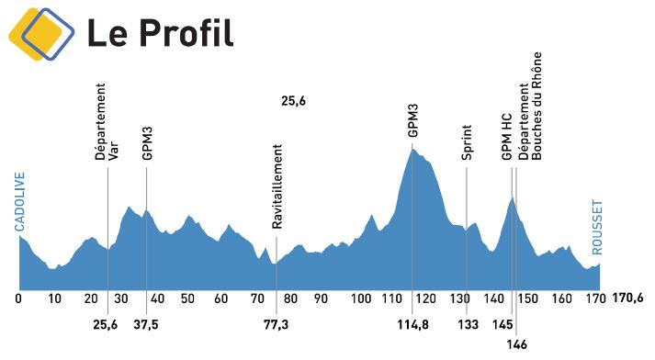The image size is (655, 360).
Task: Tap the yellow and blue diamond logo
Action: point(40,34)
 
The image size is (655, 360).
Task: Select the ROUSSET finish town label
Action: point(597,226)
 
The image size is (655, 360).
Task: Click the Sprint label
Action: point(467,142)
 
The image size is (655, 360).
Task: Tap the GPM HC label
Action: point(506,138)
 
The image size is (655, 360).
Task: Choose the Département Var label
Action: point(107,122)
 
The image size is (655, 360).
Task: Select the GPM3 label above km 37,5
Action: point(147,143)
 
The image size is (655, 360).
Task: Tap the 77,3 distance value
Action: point(277,325)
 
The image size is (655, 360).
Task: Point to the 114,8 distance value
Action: point(412,325)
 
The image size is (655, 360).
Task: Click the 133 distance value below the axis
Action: point(468,325)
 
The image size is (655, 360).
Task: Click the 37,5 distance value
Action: point(147,325)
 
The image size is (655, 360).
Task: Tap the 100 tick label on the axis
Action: point(361,298)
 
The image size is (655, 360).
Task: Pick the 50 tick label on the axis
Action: point(187,298)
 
